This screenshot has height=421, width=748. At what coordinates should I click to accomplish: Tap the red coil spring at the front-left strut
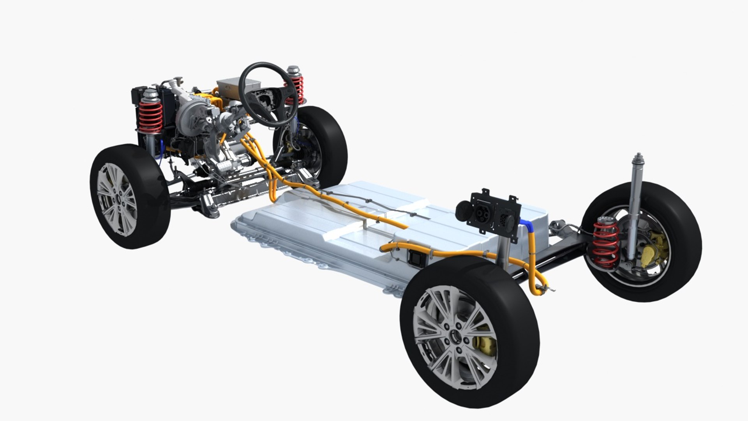click(x=151, y=116)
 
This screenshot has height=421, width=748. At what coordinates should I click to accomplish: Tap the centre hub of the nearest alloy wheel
click(x=455, y=334)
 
